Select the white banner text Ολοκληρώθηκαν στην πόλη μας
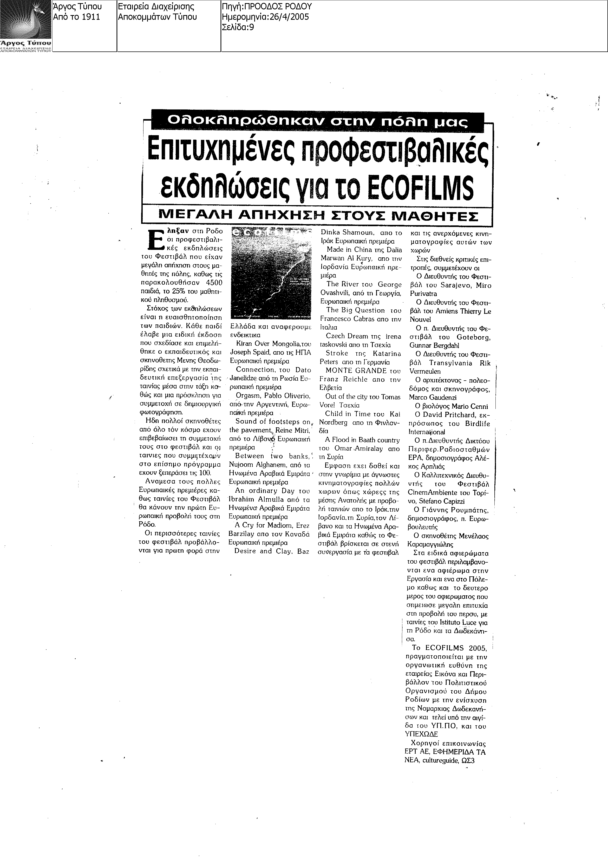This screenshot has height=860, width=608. click(x=317, y=121)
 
